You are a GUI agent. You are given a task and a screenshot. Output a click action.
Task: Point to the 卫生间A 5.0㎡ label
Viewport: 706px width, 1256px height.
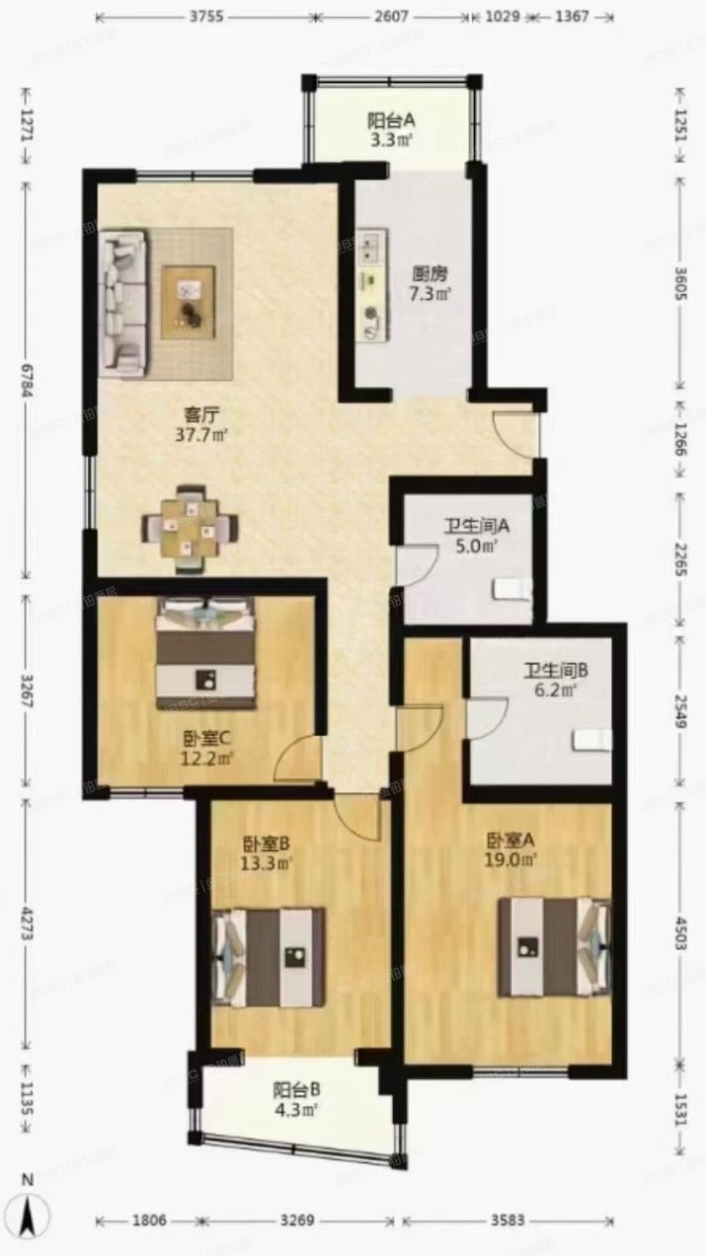click(469, 534)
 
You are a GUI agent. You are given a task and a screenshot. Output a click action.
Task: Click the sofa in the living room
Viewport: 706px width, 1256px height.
click(123, 303)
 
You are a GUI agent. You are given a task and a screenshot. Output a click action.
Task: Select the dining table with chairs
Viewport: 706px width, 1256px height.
click(192, 528)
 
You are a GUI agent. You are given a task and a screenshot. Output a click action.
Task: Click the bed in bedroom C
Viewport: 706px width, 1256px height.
click(206, 652)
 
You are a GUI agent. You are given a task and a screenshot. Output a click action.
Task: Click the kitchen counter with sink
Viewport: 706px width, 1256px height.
click(372, 286)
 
